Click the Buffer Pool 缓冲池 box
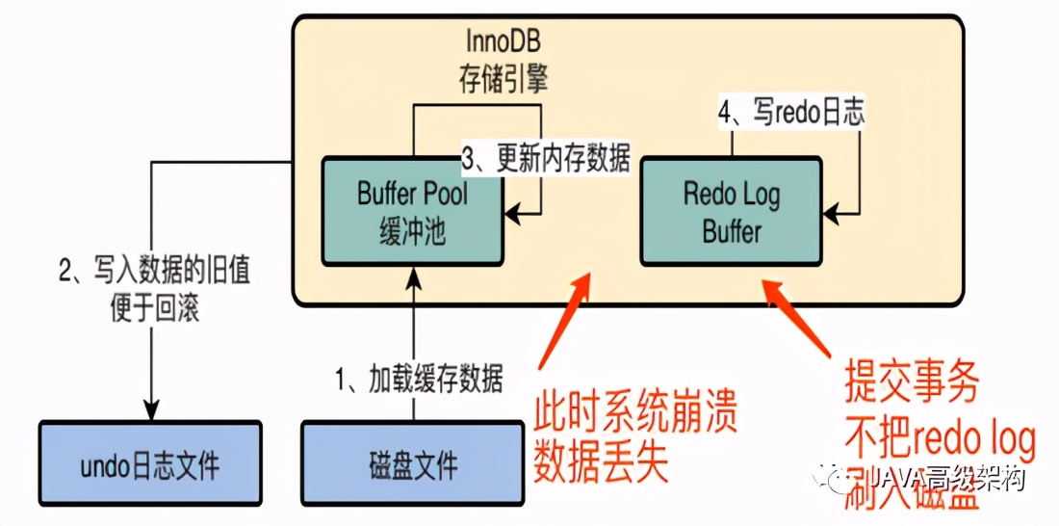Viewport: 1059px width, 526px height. [x=412, y=212]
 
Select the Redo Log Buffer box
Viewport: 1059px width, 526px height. [x=731, y=212]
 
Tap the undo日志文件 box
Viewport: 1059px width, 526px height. [x=149, y=466]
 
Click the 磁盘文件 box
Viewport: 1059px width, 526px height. [x=413, y=466]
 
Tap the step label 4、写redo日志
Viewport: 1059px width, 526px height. [x=791, y=112]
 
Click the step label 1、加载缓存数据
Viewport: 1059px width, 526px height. [x=419, y=380]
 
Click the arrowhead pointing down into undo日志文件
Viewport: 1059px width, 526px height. [x=149, y=409]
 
